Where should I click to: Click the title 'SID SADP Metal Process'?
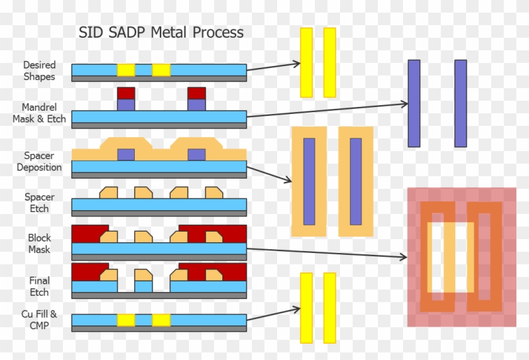coord(161,33)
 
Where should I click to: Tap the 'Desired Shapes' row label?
coord(40,70)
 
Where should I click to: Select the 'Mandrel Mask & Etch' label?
coord(39,113)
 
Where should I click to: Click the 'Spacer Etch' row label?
coord(37,203)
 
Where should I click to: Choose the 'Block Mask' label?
coord(39,244)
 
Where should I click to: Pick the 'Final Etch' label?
coord(39,286)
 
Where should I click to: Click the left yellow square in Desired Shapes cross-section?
coord(126,70)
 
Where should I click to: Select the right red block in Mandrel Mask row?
coord(196,93)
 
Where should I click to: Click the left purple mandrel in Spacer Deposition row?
coord(126,154)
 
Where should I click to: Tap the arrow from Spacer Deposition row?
coord(270,174)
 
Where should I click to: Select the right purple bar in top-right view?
coord(460,103)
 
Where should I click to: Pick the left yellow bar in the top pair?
coord(306,62)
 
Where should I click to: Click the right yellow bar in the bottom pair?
coord(329,307)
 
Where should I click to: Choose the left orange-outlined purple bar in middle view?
coord(309,181)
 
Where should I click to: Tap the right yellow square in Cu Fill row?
coord(161,320)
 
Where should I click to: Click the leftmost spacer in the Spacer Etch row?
coord(109,192)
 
